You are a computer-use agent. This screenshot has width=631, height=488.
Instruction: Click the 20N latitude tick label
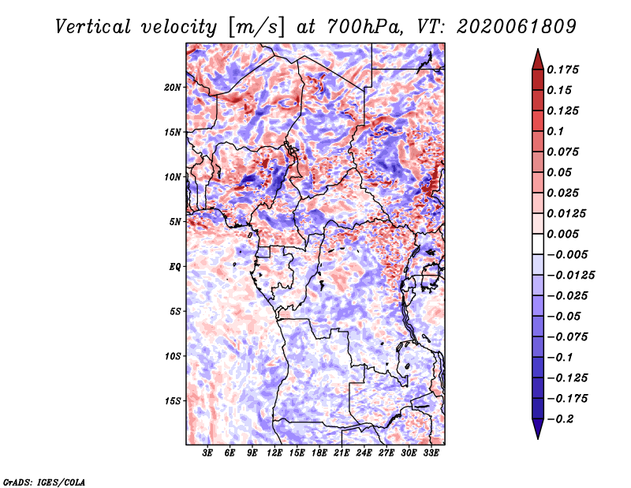(173, 88)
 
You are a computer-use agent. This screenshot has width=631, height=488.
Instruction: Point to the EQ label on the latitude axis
(174, 267)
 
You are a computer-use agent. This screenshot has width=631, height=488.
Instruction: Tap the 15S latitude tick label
(173, 401)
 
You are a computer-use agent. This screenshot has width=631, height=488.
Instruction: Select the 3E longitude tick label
(207, 453)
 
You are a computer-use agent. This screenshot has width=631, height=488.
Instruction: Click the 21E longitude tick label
(342, 453)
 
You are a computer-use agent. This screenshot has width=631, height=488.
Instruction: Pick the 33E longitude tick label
(431, 453)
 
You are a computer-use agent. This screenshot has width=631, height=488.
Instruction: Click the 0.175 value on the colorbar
(562, 69)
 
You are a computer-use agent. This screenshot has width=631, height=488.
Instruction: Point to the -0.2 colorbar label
(561, 419)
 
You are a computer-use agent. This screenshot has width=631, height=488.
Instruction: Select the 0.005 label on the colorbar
(562, 234)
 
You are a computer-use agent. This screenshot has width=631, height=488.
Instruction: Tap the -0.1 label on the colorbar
(560, 358)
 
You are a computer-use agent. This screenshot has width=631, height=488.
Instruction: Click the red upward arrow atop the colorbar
(538, 59)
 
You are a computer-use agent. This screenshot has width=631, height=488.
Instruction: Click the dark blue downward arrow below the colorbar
(538, 429)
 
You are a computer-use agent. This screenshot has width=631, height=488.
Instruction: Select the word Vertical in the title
(93, 27)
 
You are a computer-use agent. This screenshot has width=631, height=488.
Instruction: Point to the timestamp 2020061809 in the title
(517, 27)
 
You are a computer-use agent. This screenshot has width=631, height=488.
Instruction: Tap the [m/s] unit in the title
(256, 28)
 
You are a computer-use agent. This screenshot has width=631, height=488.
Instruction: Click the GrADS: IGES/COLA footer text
(44, 482)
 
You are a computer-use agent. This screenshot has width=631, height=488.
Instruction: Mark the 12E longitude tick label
(274, 453)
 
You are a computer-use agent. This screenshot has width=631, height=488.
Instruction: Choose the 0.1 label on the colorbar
(555, 131)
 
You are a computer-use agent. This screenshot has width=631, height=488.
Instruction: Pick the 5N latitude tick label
(175, 222)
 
